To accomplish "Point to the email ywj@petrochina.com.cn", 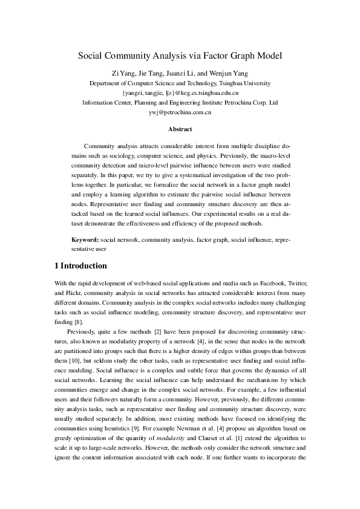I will (x=180, y=112).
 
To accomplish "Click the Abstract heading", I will (x=180, y=129).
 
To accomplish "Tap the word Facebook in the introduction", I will (x=278, y=284).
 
